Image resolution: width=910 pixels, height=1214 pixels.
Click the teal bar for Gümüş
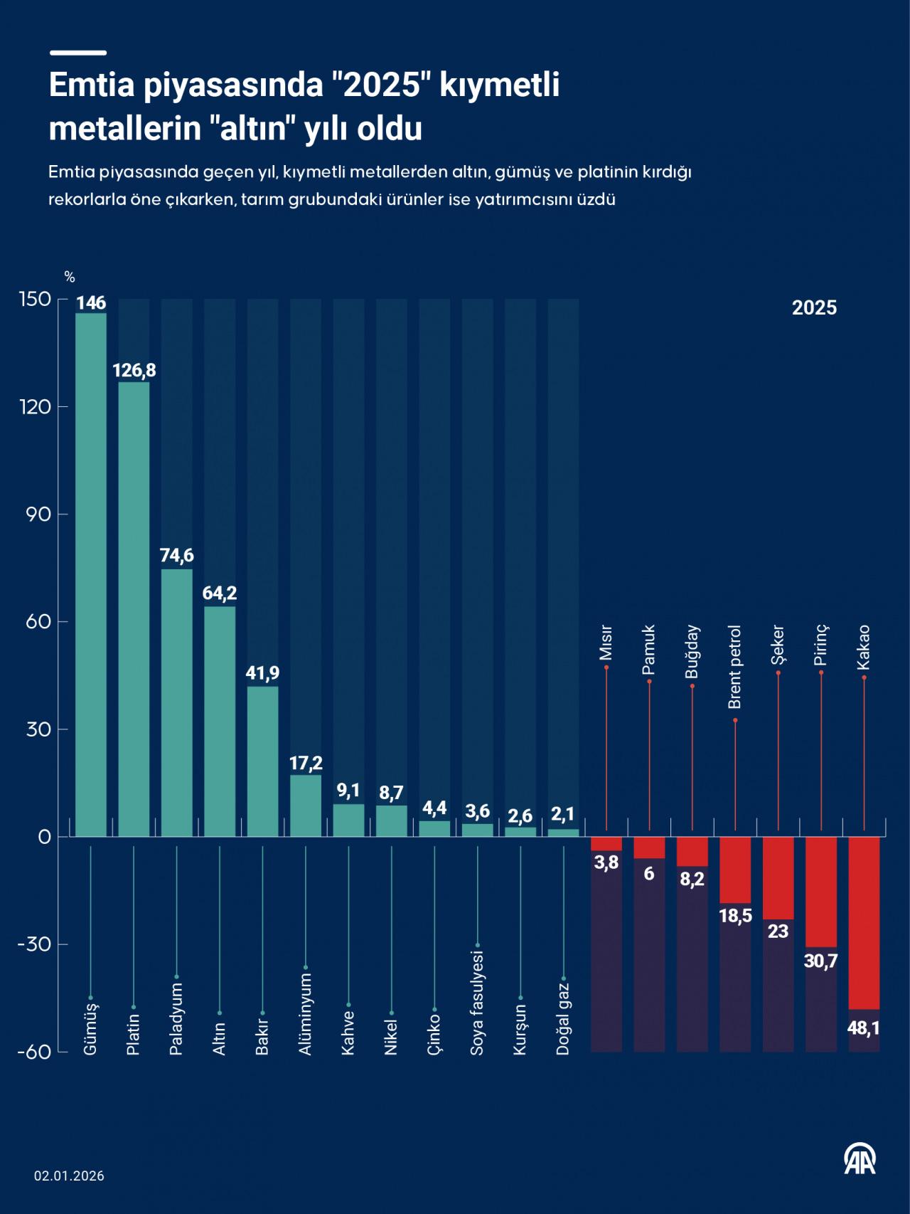point(91,574)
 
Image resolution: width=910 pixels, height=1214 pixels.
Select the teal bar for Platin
point(134,608)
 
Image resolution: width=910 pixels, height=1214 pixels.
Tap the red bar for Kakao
point(864,922)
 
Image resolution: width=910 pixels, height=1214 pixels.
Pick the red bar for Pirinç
point(821,892)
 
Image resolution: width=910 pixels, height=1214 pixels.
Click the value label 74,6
point(177,555)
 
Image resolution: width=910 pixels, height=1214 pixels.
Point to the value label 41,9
point(262,672)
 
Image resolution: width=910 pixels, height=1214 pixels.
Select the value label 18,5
point(735,915)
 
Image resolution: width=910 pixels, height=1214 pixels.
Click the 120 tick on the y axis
point(36,407)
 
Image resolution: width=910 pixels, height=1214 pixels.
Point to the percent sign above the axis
point(70,278)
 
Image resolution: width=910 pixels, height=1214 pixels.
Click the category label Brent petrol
point(735,667)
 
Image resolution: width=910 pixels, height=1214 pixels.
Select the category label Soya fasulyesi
point(477,1003)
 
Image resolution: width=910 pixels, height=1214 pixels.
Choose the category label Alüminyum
point(306,1014)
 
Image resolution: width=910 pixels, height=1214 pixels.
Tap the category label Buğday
point(692,651)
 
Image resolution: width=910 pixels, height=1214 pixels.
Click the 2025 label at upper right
point(814,307)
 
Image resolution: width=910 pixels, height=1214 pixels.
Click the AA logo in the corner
point(860,1158)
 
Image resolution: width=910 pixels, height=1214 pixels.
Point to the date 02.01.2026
point(69,1176)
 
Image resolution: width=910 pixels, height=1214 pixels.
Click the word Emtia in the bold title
point(92,85)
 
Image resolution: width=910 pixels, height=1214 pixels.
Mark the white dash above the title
point(77,53)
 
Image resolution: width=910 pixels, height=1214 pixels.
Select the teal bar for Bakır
point(262,761)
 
